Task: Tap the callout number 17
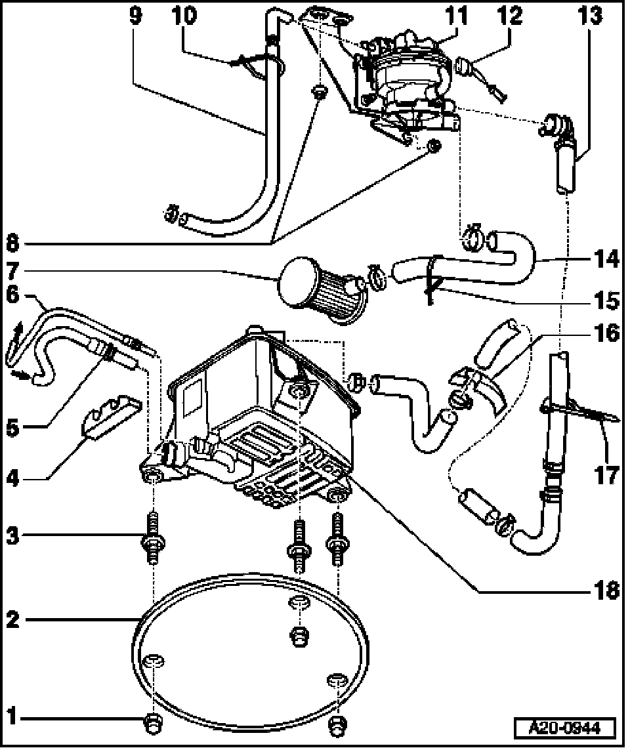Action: point(607,474)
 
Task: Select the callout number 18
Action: point(607,590)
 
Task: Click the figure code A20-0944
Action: point(565,728)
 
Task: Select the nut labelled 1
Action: point(154,722)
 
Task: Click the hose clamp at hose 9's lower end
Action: point(171,213)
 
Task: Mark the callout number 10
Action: point(185,16)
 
